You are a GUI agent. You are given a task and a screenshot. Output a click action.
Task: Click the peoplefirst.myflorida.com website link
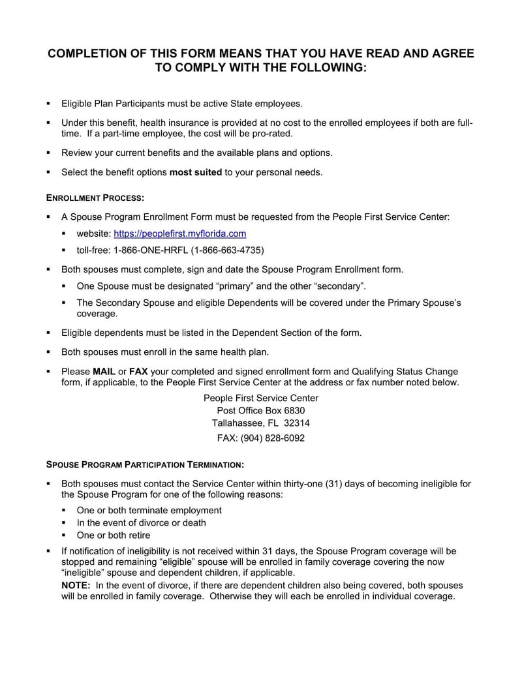click(x=180, y=233)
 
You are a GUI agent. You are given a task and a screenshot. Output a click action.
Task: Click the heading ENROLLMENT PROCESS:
click(x=95, y=197)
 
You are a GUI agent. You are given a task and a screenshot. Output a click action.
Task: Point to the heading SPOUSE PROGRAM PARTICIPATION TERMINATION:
click(x=146, y=465)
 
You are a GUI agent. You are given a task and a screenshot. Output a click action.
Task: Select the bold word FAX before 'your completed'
click(x=138, y=371)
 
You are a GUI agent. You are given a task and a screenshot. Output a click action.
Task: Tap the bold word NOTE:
click(x=76, y=585)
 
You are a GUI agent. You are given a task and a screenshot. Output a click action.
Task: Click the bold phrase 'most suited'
click(x=196, y=172)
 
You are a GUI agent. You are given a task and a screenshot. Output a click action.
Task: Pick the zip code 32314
click(x=297, y=423)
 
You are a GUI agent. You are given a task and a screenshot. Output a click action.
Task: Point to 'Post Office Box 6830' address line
click(x=261, y=410)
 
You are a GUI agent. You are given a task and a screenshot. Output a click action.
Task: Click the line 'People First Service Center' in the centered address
click(x=261, y=398)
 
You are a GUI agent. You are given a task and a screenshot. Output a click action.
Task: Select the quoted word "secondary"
click(x=339, y=286)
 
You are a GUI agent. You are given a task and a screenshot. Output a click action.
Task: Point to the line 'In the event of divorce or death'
click(x=141, y=522)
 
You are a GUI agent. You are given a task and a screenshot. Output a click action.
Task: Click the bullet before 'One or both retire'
click(x=64, y=535)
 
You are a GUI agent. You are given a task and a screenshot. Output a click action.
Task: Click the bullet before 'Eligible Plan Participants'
click(x=48, y=104)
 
